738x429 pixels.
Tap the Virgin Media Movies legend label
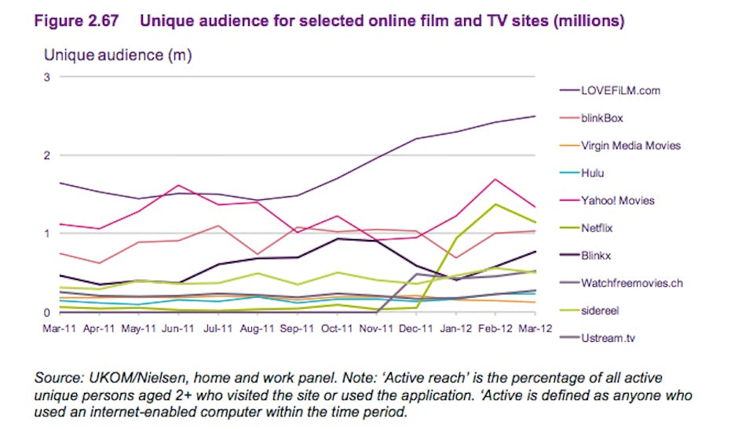630,146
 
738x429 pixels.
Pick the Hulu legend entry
594,173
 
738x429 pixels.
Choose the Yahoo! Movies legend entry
617,201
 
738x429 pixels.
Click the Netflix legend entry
597,228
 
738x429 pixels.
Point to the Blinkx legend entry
597,256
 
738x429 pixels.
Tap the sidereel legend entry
600,311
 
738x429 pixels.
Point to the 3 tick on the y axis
46,77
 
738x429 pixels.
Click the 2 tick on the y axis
46,155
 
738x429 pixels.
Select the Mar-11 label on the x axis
59,329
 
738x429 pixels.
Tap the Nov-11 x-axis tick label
377,329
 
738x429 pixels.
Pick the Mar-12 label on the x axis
535,329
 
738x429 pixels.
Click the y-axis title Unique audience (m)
118,55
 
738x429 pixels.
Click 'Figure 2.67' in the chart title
76,21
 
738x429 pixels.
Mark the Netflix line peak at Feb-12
495,204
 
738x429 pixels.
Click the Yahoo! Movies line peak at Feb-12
495,180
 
